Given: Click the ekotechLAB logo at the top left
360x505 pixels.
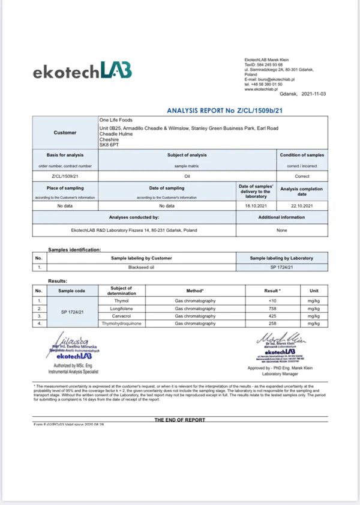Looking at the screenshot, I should point(83,71).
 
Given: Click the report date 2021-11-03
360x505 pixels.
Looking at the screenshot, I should point(314,94).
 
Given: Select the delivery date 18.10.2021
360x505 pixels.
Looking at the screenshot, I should point(256,205).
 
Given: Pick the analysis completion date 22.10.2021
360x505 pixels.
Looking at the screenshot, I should point(302,205).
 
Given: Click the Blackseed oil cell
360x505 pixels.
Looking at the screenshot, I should point(141,267).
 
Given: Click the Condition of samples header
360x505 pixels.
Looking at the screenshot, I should point(302,155).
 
